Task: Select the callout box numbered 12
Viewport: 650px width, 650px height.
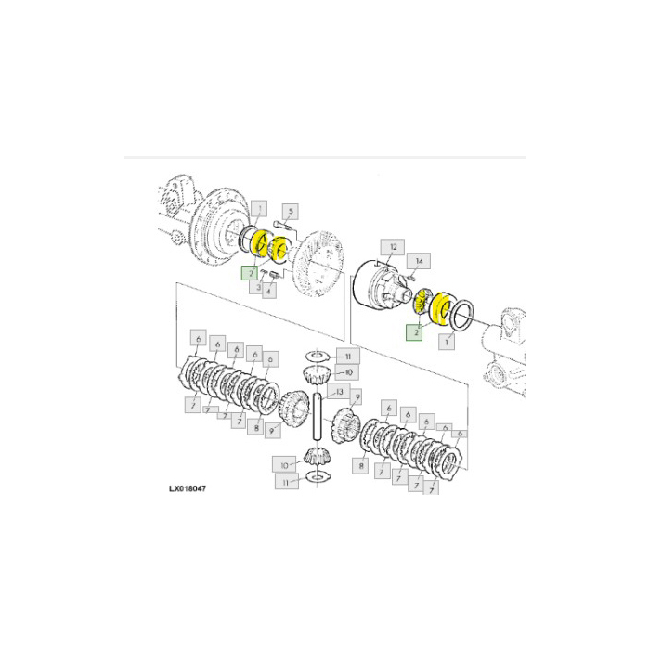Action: [393, 247]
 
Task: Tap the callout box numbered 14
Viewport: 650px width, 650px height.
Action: [419, 261]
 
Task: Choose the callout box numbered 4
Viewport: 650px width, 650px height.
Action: [270, 292]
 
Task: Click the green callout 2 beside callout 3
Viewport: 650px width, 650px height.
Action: [249, 274]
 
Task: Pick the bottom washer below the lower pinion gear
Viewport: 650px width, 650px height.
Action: [316, 477]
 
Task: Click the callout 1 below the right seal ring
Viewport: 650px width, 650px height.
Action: [450, 342]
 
